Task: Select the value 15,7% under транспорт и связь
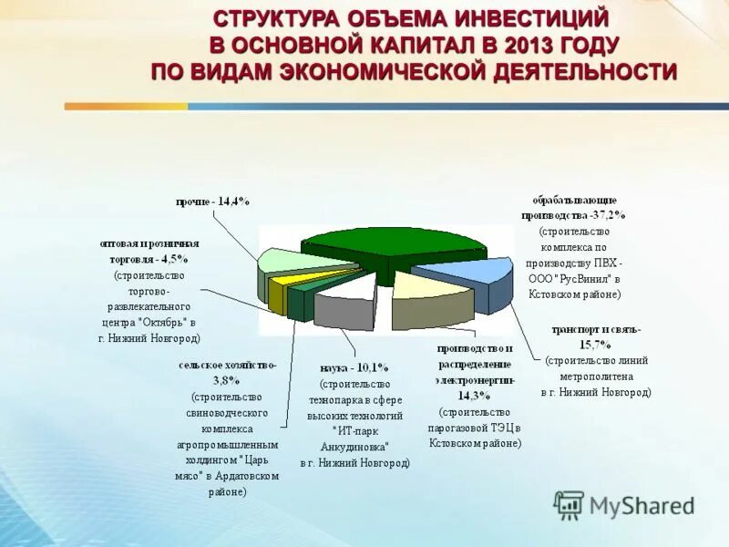coord(596,344)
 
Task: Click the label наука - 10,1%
coord(354,367)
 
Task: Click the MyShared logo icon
coord(569,504)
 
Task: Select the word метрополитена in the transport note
coord(596,376)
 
